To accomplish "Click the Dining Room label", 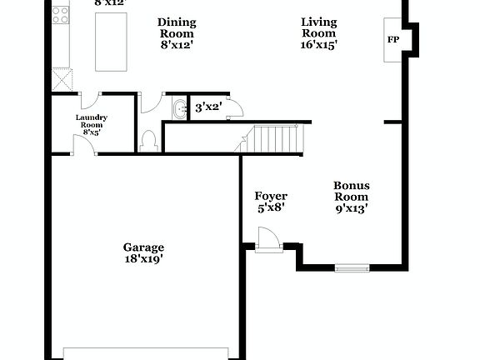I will coord(176,28).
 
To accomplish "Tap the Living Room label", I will coord(320,28).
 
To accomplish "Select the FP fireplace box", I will coord(392,39).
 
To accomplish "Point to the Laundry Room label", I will coord(92,121).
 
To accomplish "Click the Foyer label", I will coord(271,196).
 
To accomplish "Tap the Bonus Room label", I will coord(352,191).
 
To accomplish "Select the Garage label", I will coord(143,247).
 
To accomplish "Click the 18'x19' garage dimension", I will coord(143,258).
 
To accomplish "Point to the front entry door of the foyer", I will coord(267,242).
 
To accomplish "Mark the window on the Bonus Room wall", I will coord(352,267).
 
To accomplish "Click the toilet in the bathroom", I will coord(150,140).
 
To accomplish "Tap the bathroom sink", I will coord(180,108).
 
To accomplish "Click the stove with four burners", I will coord(61,13).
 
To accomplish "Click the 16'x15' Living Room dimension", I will coord(320,46).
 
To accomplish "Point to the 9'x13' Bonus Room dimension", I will coord(352,208).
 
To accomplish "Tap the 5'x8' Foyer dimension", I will coord(271,208).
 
